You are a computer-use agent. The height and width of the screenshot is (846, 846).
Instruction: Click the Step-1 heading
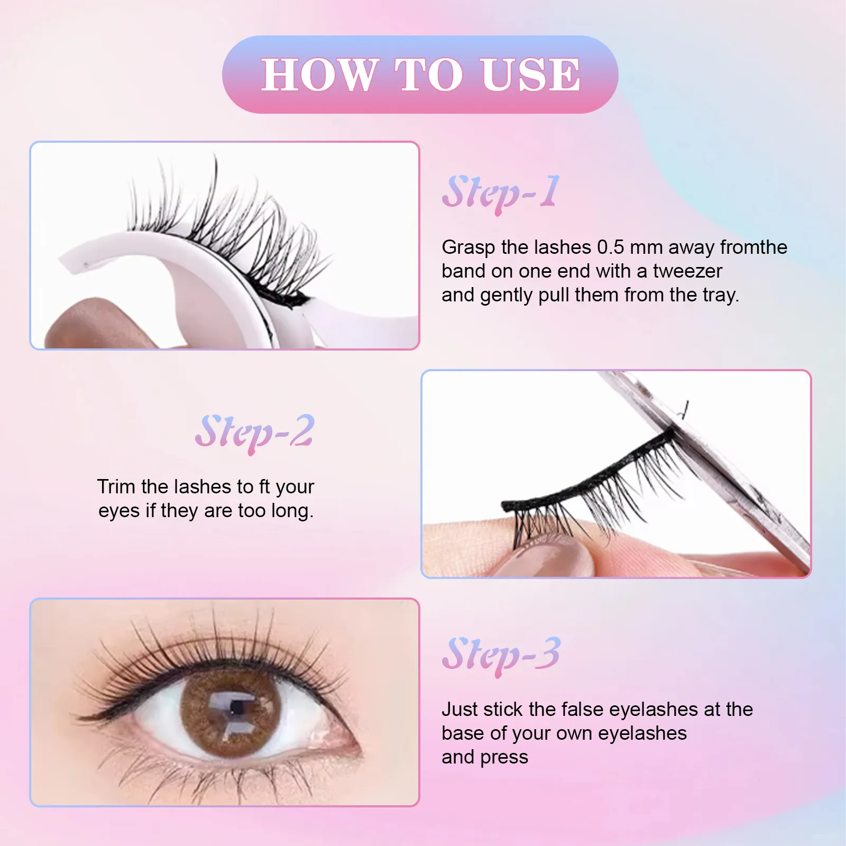pos(500,193)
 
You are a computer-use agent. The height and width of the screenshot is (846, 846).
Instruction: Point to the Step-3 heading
pos(500,655)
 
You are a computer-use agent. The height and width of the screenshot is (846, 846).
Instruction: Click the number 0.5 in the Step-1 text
pos(610,247)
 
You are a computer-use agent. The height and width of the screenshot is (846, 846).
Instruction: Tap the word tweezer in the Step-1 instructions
pos(687,271)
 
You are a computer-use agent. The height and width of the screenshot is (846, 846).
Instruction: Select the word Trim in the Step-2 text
pos(116,487)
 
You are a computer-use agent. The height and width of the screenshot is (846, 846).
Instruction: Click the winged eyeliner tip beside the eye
pos(85,717)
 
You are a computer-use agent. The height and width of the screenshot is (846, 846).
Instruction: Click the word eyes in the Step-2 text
pos(119,511)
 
